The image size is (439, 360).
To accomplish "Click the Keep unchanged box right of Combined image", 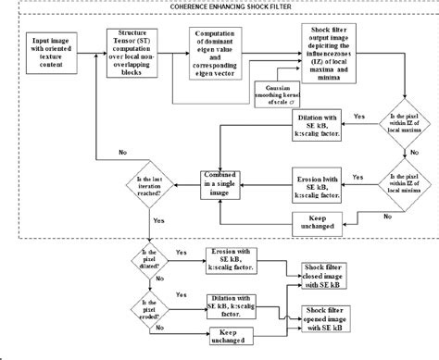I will (318, 222).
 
